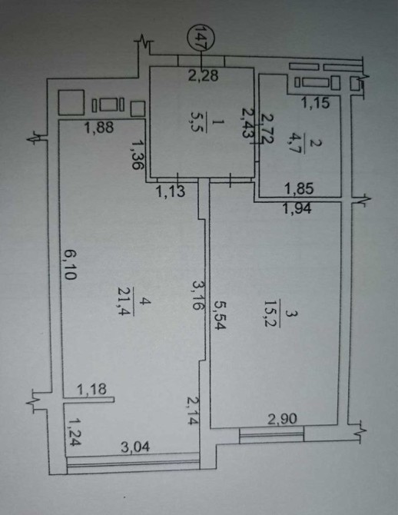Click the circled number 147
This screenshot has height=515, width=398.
pyautogui.click(x=201, y=38)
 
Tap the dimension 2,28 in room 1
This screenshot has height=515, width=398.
pyautogui.click(x=204, y=75)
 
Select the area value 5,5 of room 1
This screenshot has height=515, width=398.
pyautogui.click(x=200, y=122)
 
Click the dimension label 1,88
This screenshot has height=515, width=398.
pyautogui.click(x=99, y=128)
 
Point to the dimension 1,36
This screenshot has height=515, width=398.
pyautogui.click(x=138, y=154)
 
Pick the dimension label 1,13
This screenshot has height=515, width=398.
pyautogui.click(x=171, y=191)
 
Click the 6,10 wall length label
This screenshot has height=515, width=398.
pyautogui.click(x=70, y=264)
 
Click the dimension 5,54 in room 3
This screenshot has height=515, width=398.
pyautogui.click(x=219, y=315)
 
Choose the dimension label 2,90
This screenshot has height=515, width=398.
pyautogui.click(x=282, y=419)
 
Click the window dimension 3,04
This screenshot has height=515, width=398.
pyautogui.click(x=135, y=447)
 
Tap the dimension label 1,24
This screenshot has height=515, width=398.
pyautogui.click(x=75, y=432)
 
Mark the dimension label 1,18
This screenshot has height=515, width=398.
pyautogui.click(x=92, y=390)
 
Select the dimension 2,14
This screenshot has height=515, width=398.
pyautogui.click(x=194, y=410)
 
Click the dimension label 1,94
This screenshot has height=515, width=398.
pyautogui.click(x=297, y=208)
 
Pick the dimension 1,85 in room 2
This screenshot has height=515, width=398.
pyautogui.click(x=299, y=189)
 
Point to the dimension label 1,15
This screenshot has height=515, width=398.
pyautogui.click(x=315, y=103)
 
